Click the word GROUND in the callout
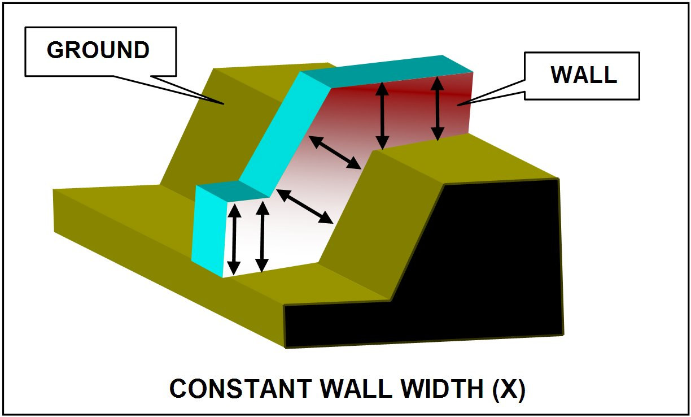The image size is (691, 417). [x=98, y=50]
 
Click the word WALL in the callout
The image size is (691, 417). [x=584, y=75]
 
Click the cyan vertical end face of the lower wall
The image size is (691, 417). [x=208, y=232]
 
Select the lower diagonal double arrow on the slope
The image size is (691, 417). [x=305, y=206]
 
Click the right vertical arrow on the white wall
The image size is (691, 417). [x=261, y=236]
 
